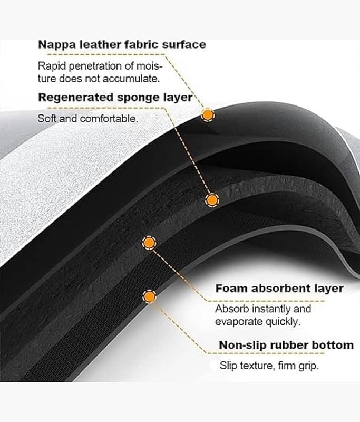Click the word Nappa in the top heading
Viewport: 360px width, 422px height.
point(54,44)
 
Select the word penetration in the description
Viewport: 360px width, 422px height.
point(91,66)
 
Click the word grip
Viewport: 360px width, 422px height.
point(309,365)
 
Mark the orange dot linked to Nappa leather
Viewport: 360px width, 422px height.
point(208,114)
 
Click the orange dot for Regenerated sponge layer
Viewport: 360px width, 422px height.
point(212,200)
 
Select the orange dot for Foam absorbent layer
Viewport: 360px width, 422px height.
point(150,243)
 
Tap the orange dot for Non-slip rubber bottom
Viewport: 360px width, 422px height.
point(150,297)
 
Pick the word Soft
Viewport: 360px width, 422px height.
point(46,119)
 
